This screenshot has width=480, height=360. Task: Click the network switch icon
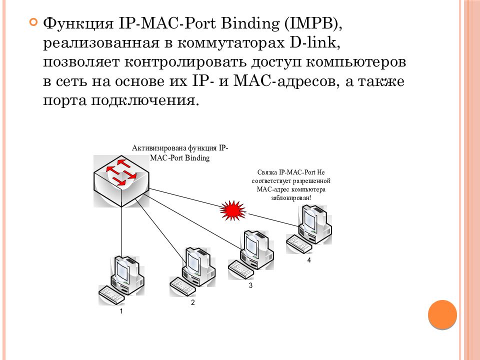tap(121, 181)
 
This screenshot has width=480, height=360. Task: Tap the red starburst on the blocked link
tap(232, 210)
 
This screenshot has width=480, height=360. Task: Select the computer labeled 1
tap(121, 280)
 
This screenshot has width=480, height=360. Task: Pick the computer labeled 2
tap(192, 271)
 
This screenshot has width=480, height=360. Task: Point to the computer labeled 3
tap(250, 254)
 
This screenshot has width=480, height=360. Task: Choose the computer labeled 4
tap(309, 229)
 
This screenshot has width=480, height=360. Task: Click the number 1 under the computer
tap(121, 311)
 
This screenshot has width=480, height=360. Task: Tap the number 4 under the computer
tap(309, 260)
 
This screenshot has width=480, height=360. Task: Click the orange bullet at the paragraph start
tap(33, 22)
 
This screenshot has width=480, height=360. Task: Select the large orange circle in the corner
tap(442, 314)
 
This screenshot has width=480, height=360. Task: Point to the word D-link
tap(314, 43)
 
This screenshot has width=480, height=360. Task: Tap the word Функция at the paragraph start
tap(78, 24)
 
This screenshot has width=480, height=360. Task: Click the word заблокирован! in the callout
tap(291, 198)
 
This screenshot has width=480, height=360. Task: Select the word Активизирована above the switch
tap(159, 148)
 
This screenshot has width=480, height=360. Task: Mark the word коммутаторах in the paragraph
tap(231, 43)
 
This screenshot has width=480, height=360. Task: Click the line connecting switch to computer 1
tap(121, 231)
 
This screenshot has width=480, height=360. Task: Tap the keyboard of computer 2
tap(182, 287)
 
